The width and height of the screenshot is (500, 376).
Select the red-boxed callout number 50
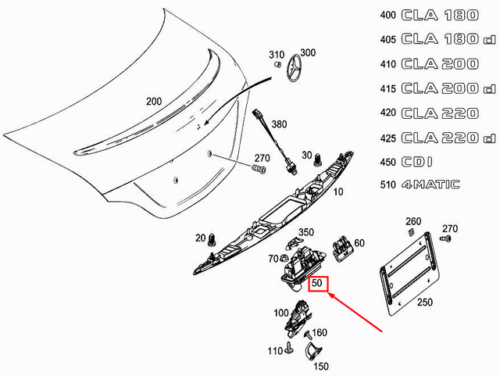point(317,284)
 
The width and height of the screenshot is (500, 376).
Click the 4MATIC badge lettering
point(431,185)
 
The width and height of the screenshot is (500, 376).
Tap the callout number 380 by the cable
point(279,124)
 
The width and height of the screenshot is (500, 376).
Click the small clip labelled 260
point(409,233)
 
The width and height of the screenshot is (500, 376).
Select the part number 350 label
point(306,232)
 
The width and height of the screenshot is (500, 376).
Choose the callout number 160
point(320,332)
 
